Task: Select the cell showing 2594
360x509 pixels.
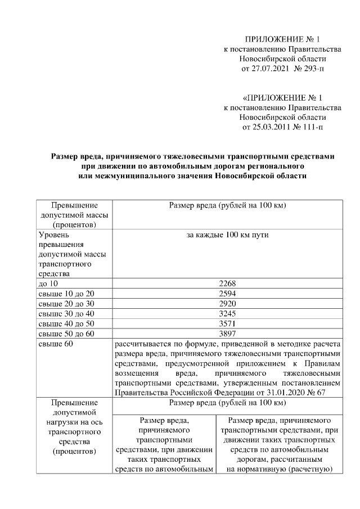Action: pos(228,294)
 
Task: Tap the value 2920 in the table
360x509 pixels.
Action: pos(228,304)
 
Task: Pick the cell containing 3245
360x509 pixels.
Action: pos(228,313)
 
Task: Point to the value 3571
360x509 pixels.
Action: pos(228,323)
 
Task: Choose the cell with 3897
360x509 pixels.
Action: pos(228,333)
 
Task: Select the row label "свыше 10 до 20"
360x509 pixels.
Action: pos(66,294)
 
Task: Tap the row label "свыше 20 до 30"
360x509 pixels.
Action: pos(66,304)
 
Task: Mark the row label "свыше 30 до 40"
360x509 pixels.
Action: pos(66,313)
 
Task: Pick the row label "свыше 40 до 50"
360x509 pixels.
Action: pos(66,323)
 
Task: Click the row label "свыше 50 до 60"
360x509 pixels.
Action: pos(66,333)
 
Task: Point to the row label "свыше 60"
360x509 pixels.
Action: pos(55,343)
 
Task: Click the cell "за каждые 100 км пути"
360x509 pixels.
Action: pos(228,235)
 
